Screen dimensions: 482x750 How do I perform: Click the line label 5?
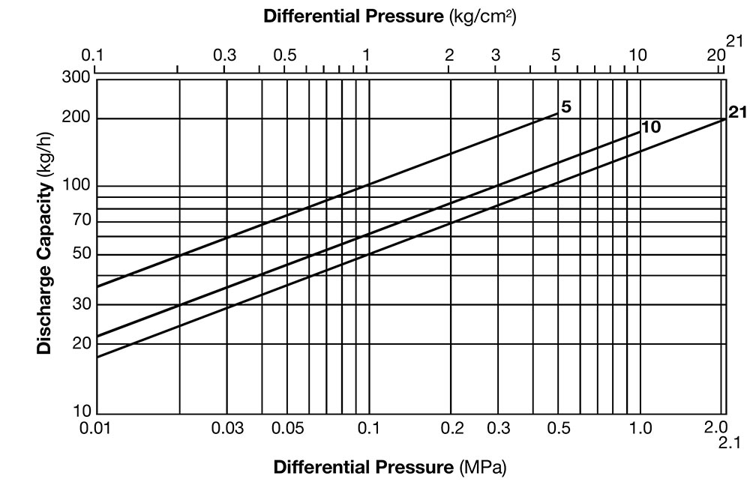[x=566, y=106]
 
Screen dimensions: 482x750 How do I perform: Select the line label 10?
[x=652, y=127]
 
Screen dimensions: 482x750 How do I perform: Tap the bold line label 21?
[x=737, y=113]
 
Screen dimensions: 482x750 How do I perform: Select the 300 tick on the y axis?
[x=79, y=77]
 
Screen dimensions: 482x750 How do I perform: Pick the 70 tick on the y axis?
[x=81, y=220]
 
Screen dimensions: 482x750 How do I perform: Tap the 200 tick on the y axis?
[x=79, y=118]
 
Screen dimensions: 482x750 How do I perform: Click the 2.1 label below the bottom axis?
[x=728, y=442]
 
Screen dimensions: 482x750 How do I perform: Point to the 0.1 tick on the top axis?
[x=95, y=55]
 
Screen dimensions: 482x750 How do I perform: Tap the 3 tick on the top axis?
[x=496, y=55]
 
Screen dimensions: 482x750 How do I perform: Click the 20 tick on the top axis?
[x=715, y=55]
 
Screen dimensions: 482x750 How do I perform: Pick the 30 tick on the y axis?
[x=81, y=304]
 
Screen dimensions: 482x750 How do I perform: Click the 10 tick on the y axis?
[x=81, y=412]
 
